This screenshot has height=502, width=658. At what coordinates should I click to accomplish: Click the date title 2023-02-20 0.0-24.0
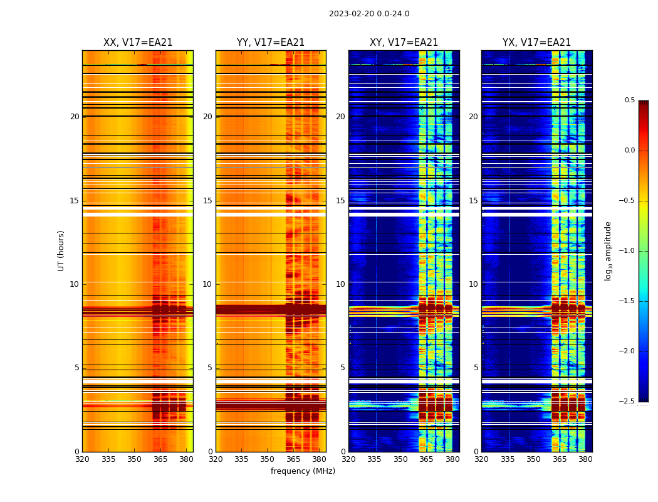click(369, 14)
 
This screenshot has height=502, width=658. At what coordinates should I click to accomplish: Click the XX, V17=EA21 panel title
click(138, 43)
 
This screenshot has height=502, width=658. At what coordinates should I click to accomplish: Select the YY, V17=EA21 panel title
click(271, 43)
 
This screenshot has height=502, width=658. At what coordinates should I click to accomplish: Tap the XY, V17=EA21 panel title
click(404, 43)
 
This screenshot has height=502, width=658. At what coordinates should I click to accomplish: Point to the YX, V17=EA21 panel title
click(536, 43)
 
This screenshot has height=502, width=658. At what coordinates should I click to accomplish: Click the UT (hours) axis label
click(61, 250)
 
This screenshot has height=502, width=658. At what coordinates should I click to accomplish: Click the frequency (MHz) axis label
click(303, 471)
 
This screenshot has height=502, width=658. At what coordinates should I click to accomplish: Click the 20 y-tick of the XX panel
click(75, 117)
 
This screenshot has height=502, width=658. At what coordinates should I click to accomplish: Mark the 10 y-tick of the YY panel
click(207, 284)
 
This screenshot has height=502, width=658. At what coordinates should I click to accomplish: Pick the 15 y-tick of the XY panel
click(340, 201)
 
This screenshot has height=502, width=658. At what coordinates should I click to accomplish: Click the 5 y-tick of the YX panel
click(476, 368)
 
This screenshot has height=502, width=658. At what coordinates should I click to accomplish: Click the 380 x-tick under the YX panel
click(585, 459)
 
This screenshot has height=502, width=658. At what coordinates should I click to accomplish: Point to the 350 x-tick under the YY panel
click(268, 459)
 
